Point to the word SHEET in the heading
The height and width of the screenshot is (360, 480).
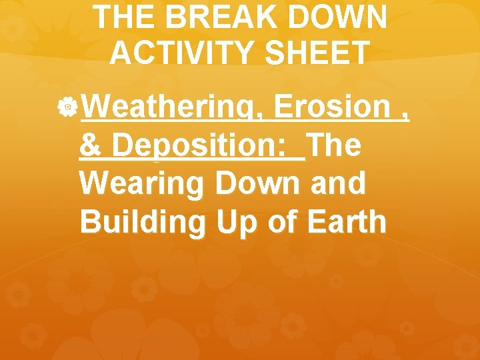point(319,53)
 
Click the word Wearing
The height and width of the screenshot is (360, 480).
point(138,185)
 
